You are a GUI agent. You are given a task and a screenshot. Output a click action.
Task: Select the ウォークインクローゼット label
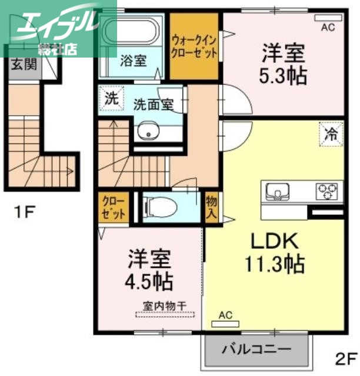point(194,46)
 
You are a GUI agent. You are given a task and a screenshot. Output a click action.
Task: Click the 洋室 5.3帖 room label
point(284,65)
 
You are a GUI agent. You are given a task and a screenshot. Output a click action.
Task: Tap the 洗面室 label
point(153,106)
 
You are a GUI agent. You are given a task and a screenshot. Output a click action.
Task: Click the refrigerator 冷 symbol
point(331,133)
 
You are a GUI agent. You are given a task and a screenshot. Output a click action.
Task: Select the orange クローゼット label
point(112,207)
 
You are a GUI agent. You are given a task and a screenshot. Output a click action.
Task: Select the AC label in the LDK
point(226,315)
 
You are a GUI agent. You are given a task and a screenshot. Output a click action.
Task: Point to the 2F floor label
point(346,358)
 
